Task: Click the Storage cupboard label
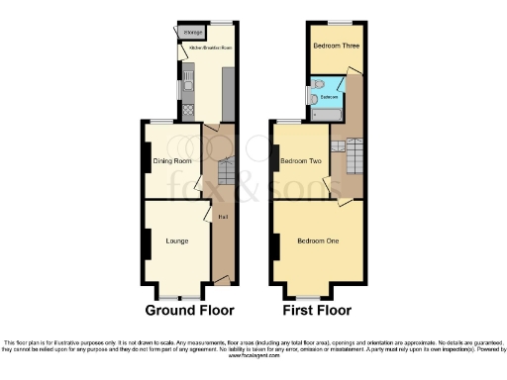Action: (x=192, y=33)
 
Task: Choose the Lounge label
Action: (x=176, y=240)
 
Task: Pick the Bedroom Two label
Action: (x=300, y=160)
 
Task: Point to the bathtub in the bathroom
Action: (x=327, y=115)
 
